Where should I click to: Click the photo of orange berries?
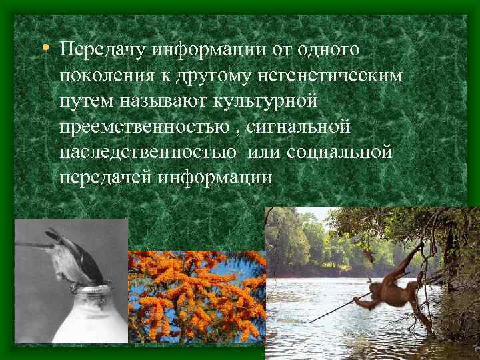[196, 296]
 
